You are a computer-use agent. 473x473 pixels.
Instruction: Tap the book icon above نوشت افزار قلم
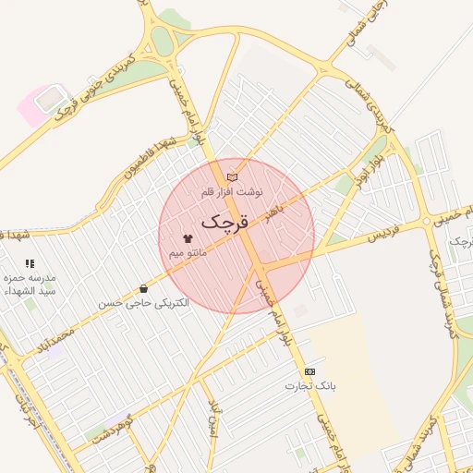coord(232,176)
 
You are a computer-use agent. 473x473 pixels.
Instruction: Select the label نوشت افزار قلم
coord(232,192)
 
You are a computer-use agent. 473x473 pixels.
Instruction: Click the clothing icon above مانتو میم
coord(188,238)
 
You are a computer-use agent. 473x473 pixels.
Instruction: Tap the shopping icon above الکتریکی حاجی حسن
coord(142,289)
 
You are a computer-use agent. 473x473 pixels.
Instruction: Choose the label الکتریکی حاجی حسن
coord(143,303)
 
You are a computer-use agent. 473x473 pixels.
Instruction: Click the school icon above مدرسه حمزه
coord(30,263)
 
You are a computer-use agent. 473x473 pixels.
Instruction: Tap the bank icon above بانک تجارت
coord(309,371)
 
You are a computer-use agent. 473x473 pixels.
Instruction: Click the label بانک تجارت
coord(310,385)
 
